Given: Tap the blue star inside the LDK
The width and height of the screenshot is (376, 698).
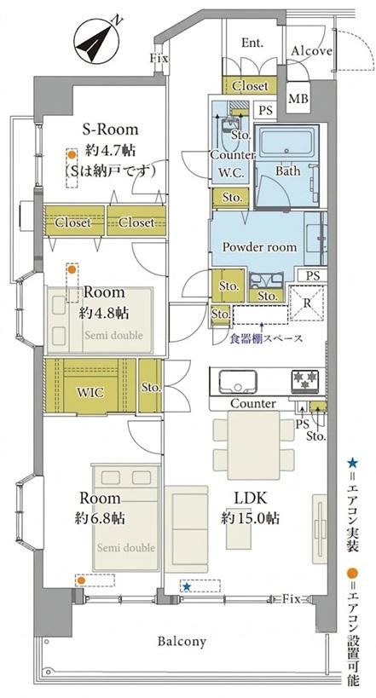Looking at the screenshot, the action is [187, 587].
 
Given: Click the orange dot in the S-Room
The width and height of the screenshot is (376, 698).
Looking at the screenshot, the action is [72, 155].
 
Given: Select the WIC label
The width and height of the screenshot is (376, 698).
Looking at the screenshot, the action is [91, 393].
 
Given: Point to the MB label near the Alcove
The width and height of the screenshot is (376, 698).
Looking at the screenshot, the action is [298, 98].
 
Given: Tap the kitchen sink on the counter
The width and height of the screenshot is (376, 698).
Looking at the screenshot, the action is [238, 382].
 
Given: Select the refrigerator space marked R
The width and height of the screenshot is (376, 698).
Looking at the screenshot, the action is [307, 304].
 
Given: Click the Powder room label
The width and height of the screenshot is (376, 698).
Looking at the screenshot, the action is [259, 247].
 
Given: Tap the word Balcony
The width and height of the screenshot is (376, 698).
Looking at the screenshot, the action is [182, 642].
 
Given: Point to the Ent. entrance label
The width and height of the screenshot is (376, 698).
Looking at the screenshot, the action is [252, 43].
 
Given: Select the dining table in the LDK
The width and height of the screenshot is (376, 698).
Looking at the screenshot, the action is [253, 445].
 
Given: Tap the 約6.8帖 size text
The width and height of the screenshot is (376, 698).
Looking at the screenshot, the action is [100, 519].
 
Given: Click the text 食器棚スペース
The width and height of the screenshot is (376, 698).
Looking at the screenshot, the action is [266, 338].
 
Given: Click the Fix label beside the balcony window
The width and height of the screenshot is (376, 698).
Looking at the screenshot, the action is [292, 599].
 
